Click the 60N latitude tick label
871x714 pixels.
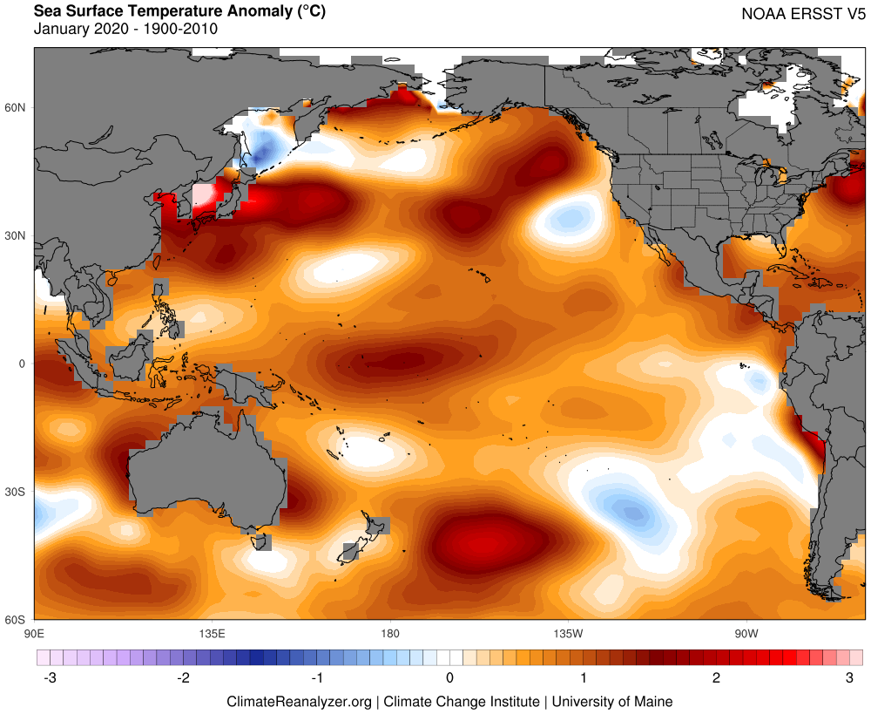tap(17, 107)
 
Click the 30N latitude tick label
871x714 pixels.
tap(17, 235)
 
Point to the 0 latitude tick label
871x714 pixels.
tap(24, 364)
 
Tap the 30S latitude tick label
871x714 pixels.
tap(17, 492)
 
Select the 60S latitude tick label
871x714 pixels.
tap(17, 619)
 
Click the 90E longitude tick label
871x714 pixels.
tap(35, 632)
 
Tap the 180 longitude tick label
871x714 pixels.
tap(389, 632)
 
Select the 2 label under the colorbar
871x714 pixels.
tap(716, 677)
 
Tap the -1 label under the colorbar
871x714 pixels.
tap(317, 677)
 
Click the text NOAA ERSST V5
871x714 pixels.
tap(803, 14)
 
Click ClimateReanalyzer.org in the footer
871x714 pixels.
tap(299, 701)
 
